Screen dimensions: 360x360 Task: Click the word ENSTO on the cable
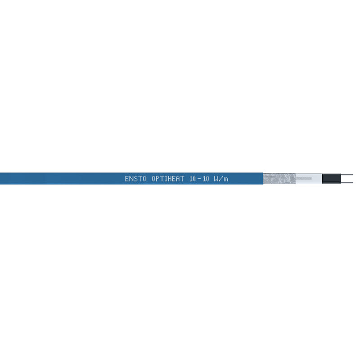136,179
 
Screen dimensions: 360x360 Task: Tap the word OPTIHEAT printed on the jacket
168,179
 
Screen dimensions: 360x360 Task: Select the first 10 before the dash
193,179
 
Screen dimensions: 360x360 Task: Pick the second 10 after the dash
206,179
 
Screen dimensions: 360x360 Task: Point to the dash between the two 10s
199,179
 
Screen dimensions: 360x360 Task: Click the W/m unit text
221,179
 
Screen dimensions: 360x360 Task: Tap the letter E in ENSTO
127,179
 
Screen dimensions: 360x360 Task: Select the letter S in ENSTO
136,179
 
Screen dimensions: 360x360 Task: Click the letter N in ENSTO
131,179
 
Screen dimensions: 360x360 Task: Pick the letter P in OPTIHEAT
158,179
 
